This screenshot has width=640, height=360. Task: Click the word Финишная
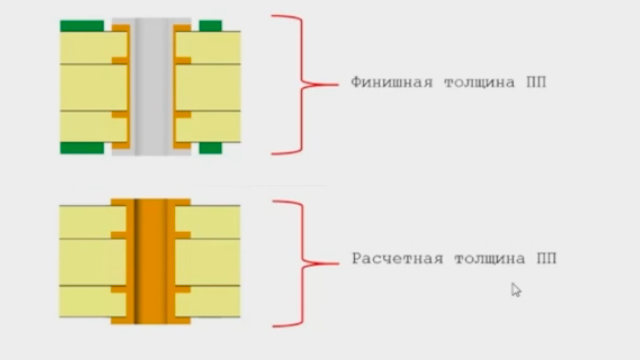392,82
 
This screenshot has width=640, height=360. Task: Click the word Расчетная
398,259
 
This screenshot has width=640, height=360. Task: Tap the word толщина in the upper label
480,83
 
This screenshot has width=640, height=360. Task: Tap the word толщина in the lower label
490,259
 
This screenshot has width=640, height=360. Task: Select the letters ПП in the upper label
536,82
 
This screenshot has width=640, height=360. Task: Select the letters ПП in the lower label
547,258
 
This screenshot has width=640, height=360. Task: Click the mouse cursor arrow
516,290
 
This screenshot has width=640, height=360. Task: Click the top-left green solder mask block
82,26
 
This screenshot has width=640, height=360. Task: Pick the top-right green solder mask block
211,26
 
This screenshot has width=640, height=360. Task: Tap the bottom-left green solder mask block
82,148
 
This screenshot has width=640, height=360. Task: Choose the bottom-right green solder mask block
211,148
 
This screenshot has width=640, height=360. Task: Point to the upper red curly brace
302,84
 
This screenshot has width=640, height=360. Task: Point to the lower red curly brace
303,264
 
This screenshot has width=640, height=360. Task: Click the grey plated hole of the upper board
151,87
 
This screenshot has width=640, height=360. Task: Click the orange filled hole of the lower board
151,261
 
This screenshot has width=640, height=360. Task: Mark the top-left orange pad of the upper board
121,28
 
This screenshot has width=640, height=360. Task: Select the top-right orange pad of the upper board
182,28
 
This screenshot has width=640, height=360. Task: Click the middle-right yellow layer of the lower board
208,262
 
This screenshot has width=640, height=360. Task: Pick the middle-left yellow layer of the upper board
93,87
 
